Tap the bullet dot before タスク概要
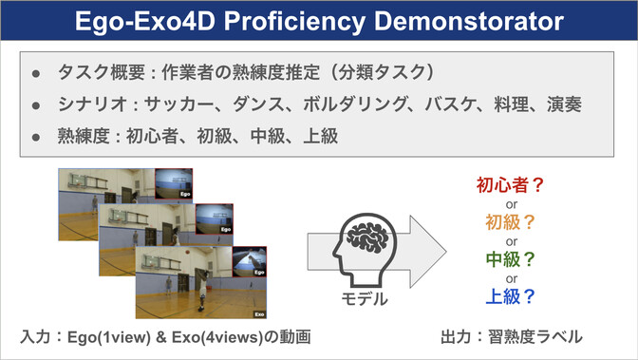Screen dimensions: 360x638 pyautogui.click(x=34, y=72)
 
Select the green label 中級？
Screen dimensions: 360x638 pyautogui.click(x=510, y=258)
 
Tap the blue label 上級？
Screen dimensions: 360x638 pyautogui.click(x=510, y=295)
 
